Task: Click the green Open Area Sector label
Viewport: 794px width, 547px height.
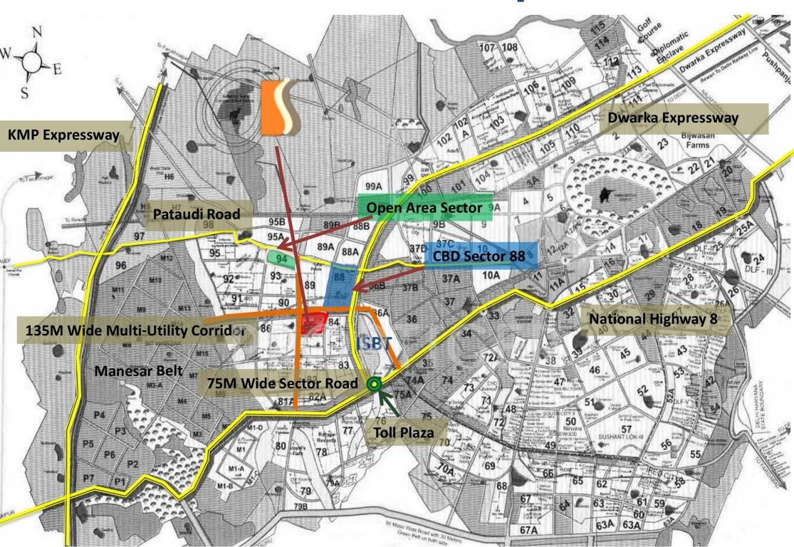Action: tap(424, 208)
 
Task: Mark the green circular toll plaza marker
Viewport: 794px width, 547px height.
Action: tap(373, 385)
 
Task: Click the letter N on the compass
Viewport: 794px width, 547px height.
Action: tap(37, 32)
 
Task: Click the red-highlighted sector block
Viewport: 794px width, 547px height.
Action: tap(314, 325)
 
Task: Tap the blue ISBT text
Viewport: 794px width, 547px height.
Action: tap(374, 343)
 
